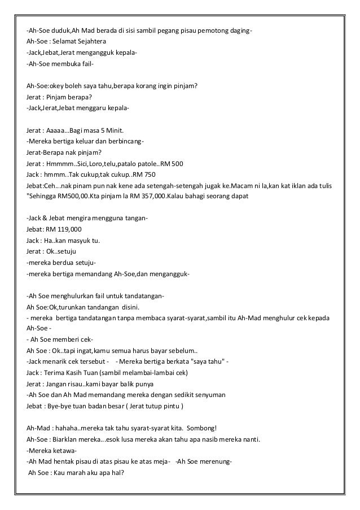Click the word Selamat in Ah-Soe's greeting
pyautogui.click(x=65, y=41)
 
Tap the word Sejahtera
pyautogui.click(x=96, y=41)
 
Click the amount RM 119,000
pyautogui.click(x=65, y=229)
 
